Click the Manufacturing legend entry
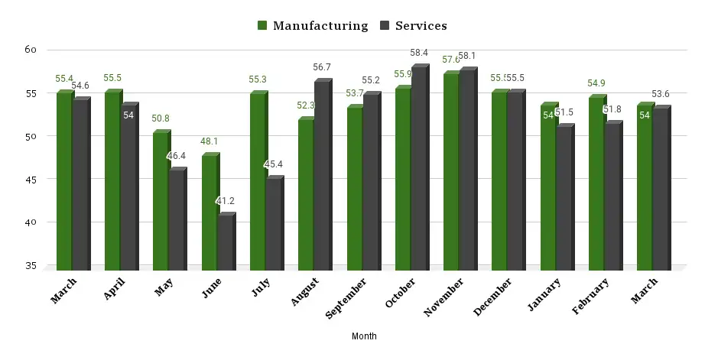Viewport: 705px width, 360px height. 313,26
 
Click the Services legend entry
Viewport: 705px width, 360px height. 412,26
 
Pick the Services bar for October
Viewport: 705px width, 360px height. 419,168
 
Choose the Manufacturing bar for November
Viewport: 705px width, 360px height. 451,171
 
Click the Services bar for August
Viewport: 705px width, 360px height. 323,175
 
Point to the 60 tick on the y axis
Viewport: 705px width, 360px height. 31,50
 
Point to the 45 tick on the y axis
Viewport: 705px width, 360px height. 31,180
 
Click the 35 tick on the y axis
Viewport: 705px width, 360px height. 31,266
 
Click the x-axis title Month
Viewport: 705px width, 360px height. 364,336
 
